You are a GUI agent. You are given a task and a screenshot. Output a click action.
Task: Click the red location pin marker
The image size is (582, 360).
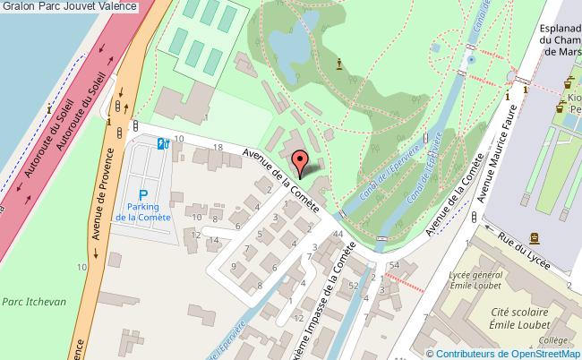(x=304, y=162)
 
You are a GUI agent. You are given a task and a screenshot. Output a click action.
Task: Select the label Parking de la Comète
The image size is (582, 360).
(x=143, y=212)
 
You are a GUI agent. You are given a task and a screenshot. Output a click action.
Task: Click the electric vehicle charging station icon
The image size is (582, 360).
(x=163, y=143)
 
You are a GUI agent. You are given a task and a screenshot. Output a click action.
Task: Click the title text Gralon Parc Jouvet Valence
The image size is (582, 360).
(x=70, y=6)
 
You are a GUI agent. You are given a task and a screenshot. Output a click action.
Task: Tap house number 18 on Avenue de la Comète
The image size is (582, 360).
(x=218, y=146)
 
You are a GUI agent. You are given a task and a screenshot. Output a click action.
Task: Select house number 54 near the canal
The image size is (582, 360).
(x=394, y=266)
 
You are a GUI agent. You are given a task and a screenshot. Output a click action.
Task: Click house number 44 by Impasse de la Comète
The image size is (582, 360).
(x=337, y=233)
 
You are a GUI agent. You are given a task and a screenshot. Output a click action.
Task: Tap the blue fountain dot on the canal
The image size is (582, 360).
(x=471, y=59)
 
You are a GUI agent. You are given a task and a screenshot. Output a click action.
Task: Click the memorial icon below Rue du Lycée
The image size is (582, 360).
(x=535, y=237)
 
